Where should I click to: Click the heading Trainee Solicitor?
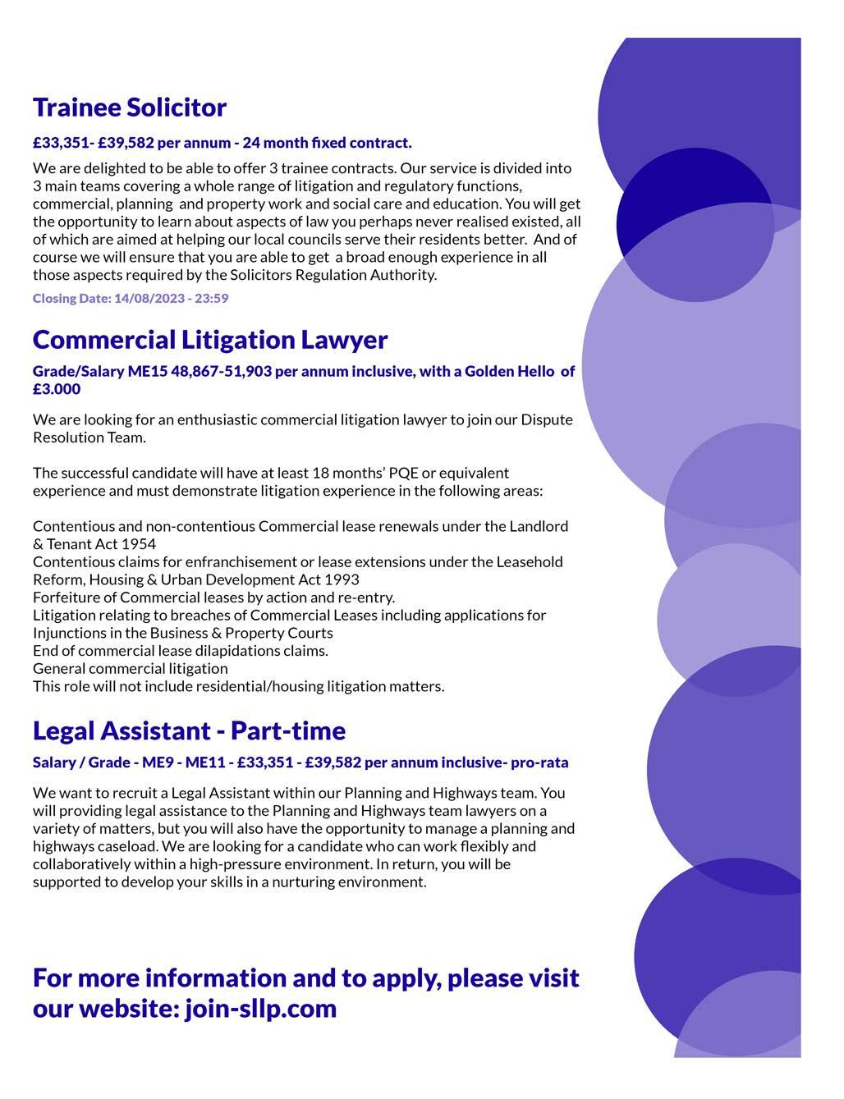130,108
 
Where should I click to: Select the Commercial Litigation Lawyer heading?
210,339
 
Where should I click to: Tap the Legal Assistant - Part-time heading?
189,730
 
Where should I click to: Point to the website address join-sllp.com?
261,1008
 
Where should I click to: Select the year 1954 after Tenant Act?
138,543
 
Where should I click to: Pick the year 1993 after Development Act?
342,579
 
